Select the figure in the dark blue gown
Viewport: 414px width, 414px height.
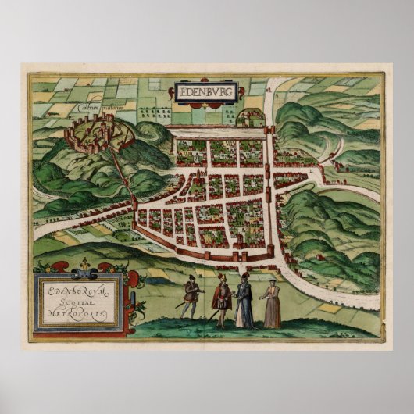pyautogui.click(x=244, y=301)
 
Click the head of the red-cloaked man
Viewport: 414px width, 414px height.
pyautogui.click(x=221, y=278)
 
